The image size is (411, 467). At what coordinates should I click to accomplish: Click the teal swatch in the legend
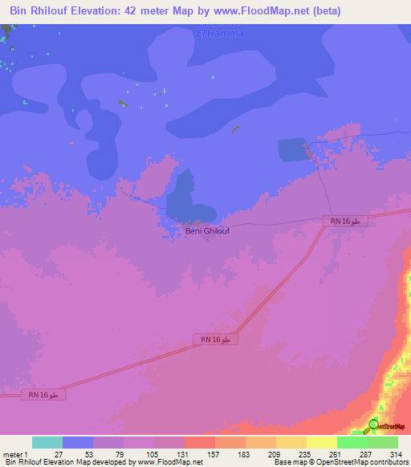(x=47, y=442)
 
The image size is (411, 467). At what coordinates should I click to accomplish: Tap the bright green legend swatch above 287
(x=352, y=442)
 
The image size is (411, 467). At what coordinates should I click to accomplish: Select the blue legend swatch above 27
(x=78, y=442)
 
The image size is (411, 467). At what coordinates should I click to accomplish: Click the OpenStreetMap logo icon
(x=373, y=427)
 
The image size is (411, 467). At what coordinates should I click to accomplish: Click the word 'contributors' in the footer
(x=388, y=462)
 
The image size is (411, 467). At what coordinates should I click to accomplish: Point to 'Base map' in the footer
(x=288, y=462)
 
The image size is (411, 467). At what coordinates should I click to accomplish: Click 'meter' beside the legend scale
(x=12, y=454)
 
